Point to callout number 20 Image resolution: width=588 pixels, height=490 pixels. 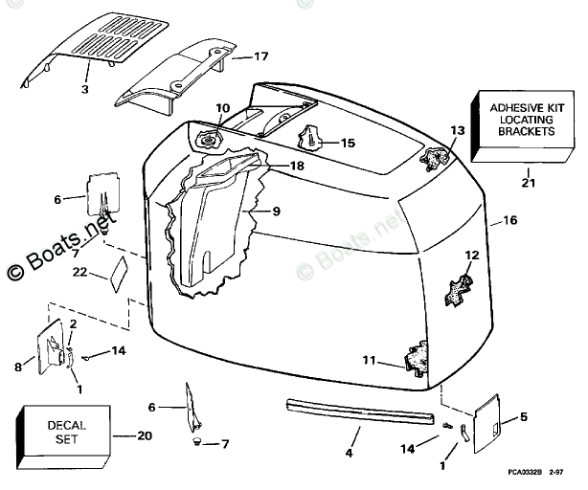coord(145,434)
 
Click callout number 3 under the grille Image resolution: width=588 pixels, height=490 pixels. coord(84,89)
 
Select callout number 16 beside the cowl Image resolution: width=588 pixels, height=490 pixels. coord(509,221)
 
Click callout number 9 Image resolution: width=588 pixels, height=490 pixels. coord(275,210)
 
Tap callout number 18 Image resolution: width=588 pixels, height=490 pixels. coord(297,166)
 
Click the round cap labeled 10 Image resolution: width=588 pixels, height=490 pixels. coord(213,140)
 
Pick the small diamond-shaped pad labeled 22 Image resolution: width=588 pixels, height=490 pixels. coord(119,273)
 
